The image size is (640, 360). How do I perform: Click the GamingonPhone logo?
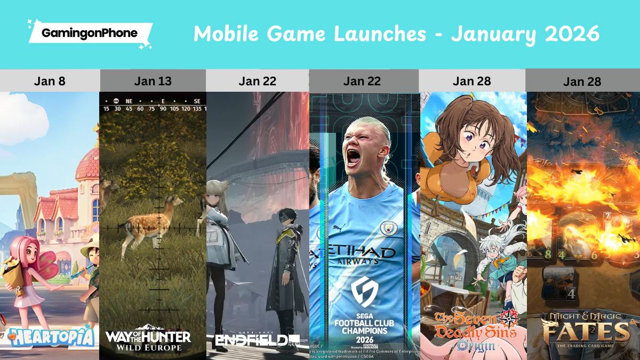(90, 33)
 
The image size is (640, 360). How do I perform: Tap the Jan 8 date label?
(50, 81)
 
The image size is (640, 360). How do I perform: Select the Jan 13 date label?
(153, 81)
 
